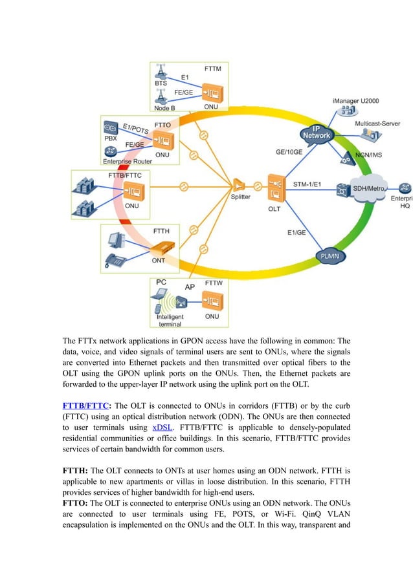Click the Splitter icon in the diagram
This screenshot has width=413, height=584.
[240, 185]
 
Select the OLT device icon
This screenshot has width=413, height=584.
[275, 188]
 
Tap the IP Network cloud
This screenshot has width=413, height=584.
[317, 134]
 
